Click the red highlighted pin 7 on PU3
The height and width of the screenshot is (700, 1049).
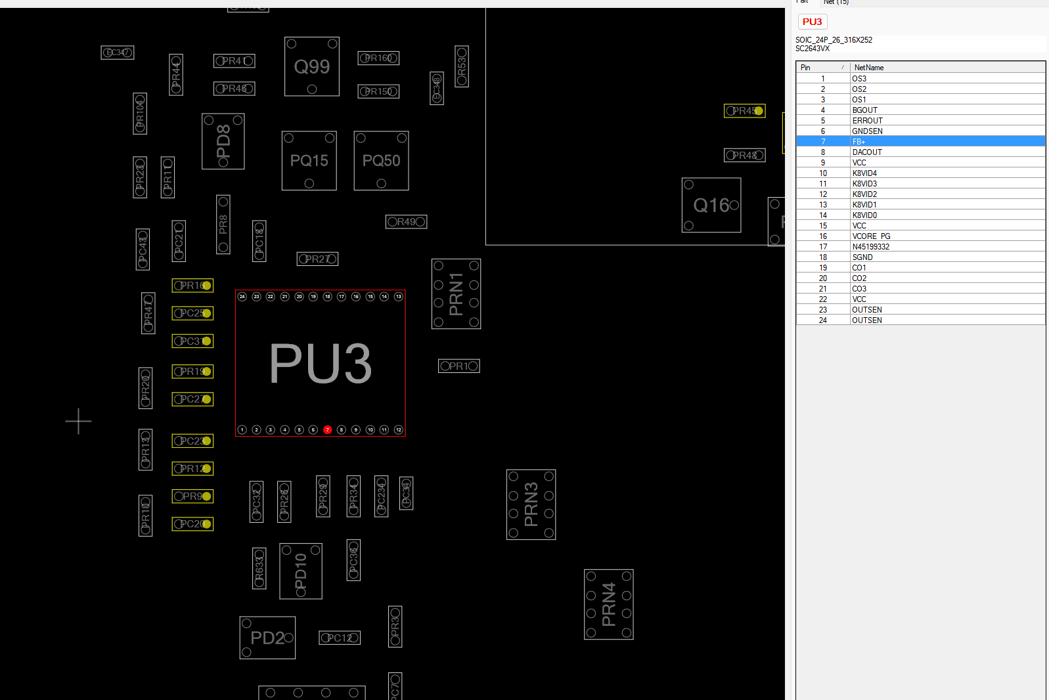(327, 430)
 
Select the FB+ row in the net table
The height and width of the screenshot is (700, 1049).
(920, 142)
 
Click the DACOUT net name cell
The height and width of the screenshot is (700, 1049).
(867, 152)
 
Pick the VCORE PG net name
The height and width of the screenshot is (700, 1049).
(871, 236)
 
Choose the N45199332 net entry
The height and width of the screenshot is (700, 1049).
(870, 247)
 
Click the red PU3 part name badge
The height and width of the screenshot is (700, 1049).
(813, 22)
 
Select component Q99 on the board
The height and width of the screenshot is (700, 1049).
(312, 66)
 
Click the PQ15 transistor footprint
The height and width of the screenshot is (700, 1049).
(309, 161)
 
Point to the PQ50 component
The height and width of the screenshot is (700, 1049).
(381, 161)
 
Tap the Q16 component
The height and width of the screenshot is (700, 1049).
(711, 206)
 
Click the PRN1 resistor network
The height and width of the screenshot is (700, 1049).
(456, 294)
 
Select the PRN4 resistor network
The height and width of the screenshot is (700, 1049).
(609, 605)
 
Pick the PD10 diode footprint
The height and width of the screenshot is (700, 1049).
(301, 571)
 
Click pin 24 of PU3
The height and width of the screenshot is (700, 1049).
(242, 297)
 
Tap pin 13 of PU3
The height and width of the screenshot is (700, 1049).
(399, 297)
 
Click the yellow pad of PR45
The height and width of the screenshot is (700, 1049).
(759, 111)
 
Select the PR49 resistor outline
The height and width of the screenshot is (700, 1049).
(406, 222)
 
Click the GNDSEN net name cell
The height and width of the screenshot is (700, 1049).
(867, 131)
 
